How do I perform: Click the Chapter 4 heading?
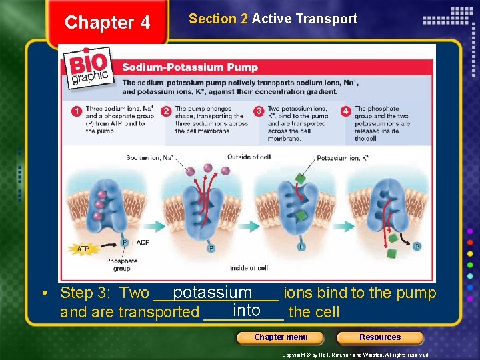tap(107, 23)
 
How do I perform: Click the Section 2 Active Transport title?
tap(273, 19)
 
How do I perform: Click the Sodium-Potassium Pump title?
tap(190, 67)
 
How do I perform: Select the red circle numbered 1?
tap(77, 111)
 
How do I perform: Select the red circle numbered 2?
tap(166, 111)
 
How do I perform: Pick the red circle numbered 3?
tap(259, 111)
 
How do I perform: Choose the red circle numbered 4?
tap(345, 111)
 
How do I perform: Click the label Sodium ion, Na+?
tap(149, 157)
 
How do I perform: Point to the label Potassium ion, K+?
tap(342, 158)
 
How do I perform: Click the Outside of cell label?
tap(249, 157)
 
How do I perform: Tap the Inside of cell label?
tap(248, 268)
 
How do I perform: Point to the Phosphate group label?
tap(121, 265)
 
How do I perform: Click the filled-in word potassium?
tap(213, 293)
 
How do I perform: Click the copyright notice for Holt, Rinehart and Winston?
tap(355, 355)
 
